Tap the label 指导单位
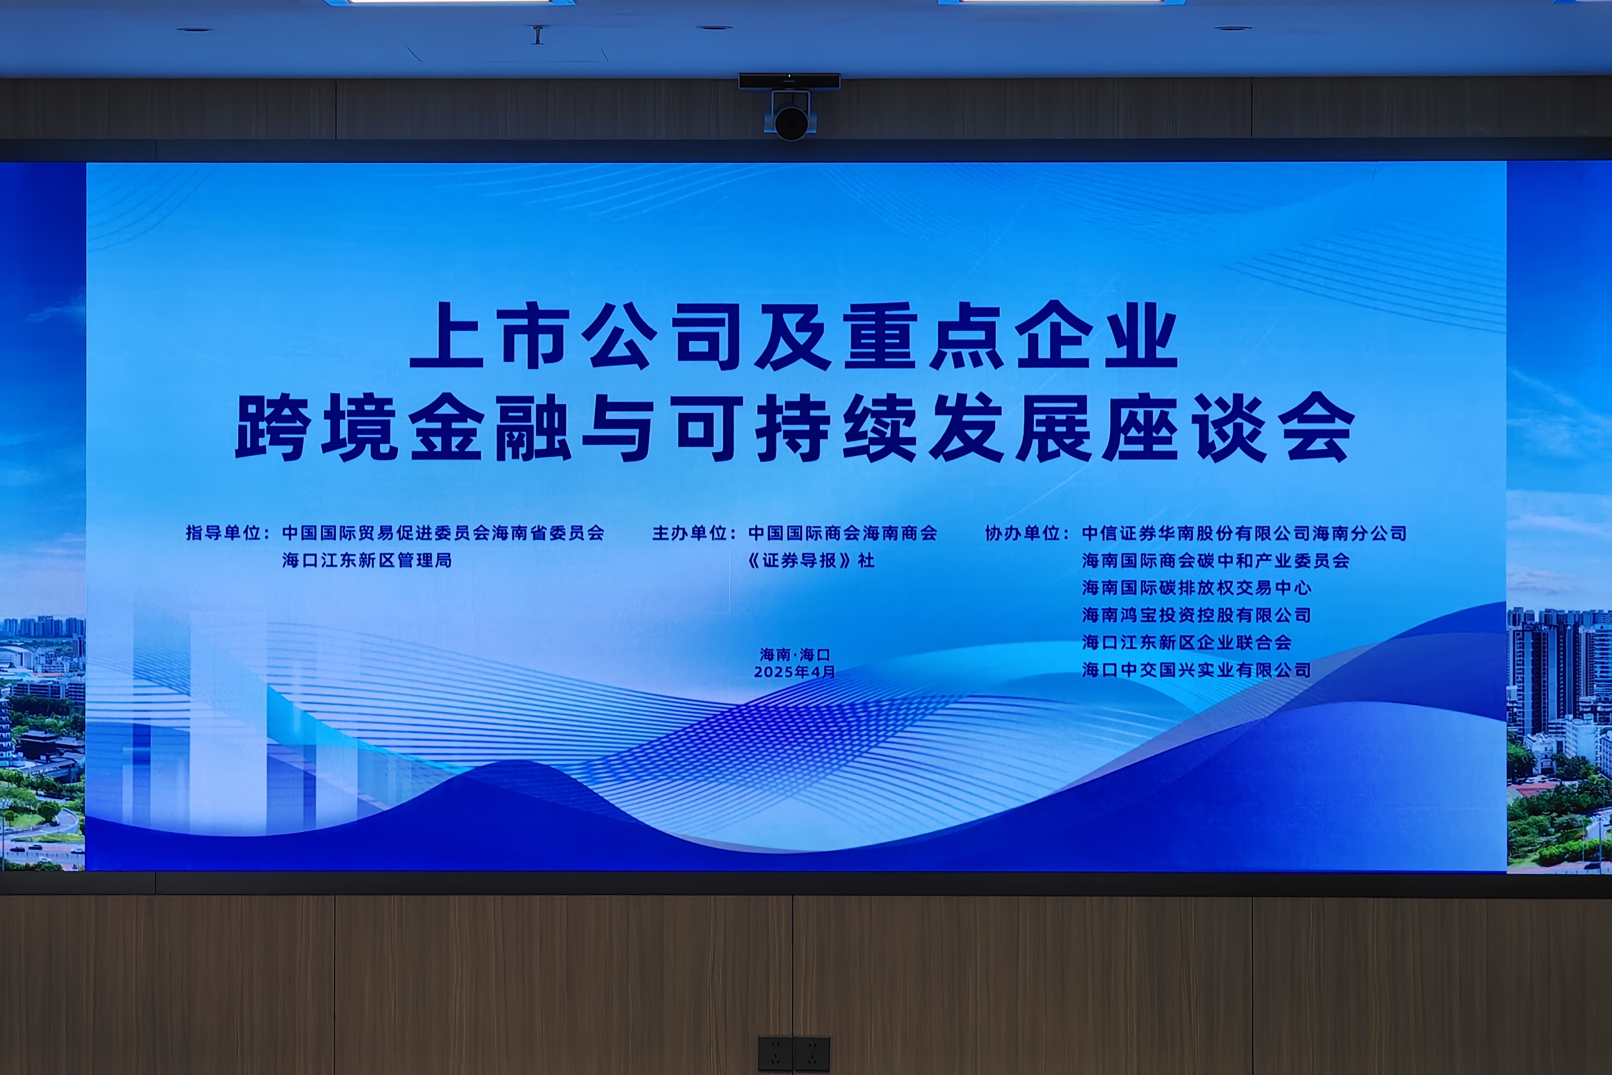coord(224,533)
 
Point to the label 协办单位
coord(1022,533)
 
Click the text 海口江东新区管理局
coord(367,560)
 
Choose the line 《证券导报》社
coord(811,560)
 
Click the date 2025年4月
coord(795,672)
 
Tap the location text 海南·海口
coord(795,655)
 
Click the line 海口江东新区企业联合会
coord(1187,642)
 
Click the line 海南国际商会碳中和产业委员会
coord(1216,560)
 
